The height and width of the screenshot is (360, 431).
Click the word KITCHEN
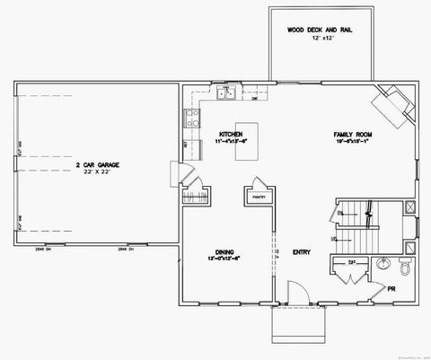232,135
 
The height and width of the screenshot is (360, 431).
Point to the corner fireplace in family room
392,104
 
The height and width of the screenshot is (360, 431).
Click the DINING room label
225,252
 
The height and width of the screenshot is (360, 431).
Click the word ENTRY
302,252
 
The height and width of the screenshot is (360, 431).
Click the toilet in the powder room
404,267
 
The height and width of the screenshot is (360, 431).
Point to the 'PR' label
391,289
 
